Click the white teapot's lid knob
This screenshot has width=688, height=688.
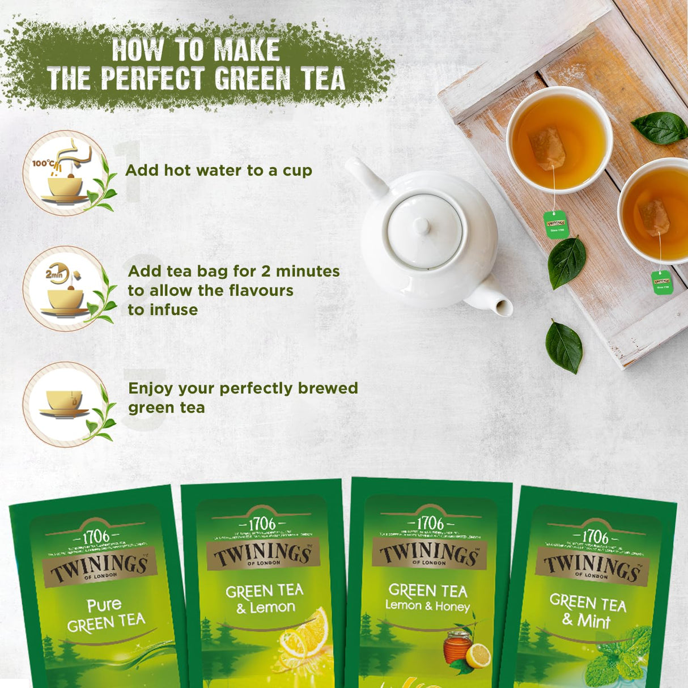point(421,226)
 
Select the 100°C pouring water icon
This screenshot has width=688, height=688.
point(65,173)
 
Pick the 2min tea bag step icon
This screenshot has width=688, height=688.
point(65,288)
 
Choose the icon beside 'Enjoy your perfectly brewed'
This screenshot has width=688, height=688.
point(65,404)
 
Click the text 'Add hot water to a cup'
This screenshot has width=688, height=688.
point(219,171)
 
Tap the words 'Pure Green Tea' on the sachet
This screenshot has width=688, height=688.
point(105,615)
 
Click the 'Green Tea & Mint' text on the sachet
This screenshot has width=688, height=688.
point(588,611)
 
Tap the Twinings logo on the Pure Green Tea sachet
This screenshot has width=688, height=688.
point(100,567)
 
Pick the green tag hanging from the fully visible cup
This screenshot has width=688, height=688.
point(555,224)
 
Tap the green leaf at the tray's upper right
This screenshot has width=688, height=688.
point(660,128)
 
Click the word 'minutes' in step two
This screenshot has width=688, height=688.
point(308,271)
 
